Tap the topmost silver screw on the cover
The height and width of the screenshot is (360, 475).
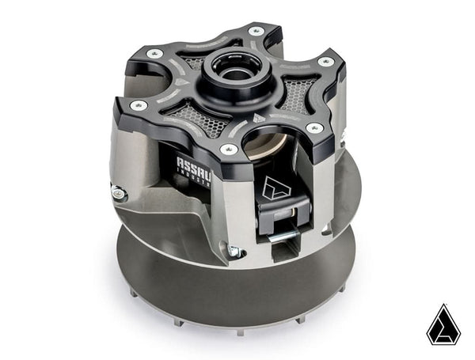click(x=255, y=32)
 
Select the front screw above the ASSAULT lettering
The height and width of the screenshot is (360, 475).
click(x=229, y=149)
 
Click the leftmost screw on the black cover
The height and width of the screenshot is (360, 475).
click(x=137, y=104)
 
